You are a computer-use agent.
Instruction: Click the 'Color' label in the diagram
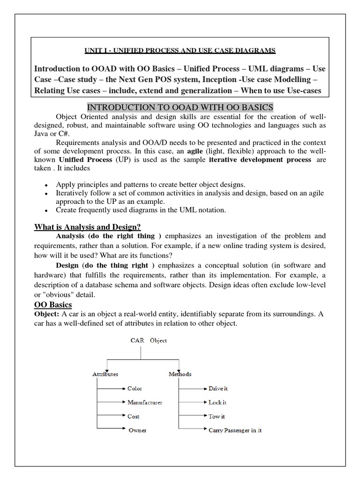tap(135, 389)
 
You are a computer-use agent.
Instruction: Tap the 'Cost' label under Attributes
tap(134, 416)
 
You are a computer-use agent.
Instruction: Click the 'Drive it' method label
tap(218, 389)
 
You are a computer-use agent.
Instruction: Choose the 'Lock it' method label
tap(217, 402)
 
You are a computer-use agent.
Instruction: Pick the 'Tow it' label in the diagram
tap(217, 416)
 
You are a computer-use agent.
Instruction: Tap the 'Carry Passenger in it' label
tap(235, 430)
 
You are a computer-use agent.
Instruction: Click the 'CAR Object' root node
tap(148, 341)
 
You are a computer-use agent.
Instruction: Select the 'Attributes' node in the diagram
tap(105, 374)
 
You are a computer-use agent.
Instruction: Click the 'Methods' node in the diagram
tap(180, 374)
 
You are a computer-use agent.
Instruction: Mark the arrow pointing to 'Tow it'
tap(192, 416)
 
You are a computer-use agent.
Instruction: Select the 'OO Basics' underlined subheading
tap(53, 305)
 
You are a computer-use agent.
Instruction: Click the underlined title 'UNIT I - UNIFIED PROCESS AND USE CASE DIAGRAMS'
tap(180, 50)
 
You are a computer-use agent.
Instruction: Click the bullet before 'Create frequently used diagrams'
tap(45, 211)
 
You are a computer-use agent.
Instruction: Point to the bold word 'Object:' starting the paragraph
tap(47, 315)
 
